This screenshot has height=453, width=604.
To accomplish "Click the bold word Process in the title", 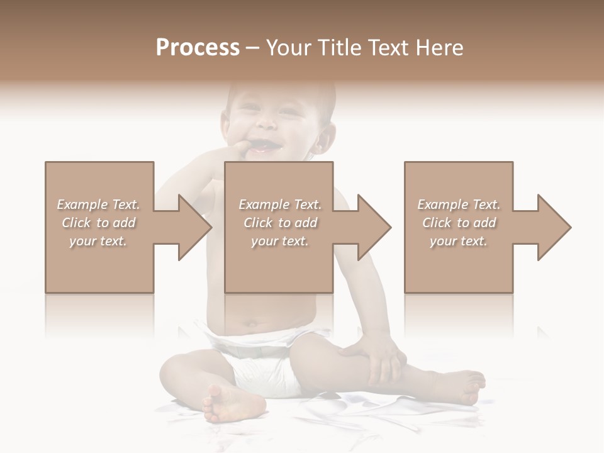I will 198,48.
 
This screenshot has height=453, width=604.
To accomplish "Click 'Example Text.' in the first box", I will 98,204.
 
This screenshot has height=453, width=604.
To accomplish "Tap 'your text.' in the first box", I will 98,241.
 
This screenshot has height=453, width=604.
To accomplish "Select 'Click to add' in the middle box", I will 280,223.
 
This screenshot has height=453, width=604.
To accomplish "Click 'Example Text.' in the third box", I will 459,204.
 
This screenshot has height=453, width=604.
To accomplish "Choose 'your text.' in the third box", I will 459,241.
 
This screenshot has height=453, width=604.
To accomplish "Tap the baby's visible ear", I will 325,140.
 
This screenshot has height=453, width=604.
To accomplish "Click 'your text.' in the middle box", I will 280,241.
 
